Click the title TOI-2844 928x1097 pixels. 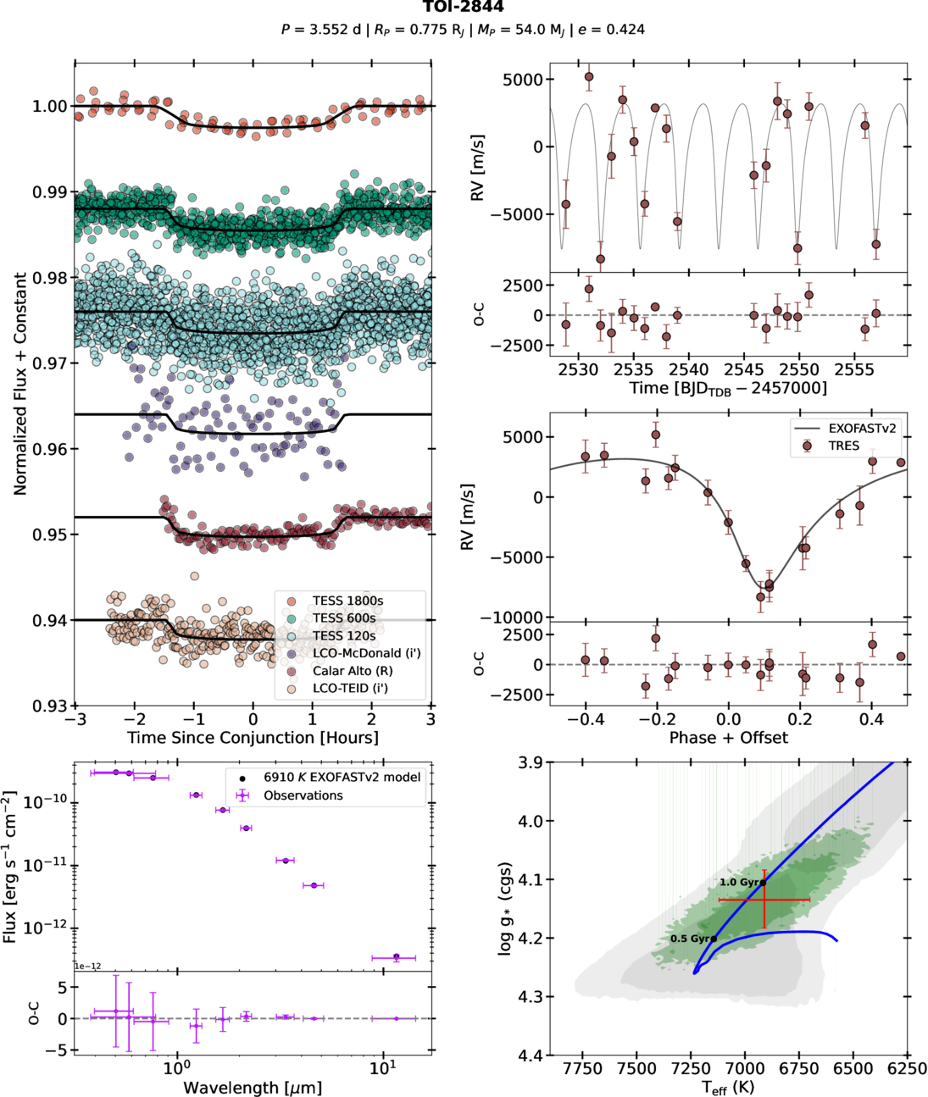tap(463, 8)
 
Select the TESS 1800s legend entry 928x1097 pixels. tap(347, 601)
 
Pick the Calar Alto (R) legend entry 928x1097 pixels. tap(352, 670)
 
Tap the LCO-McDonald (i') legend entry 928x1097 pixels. tap(366, 653)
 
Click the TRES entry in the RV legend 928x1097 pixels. tap(843, 446)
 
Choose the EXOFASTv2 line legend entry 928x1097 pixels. tap(862, 429)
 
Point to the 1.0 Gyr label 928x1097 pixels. tap(740, 883)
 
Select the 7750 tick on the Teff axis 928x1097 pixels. tap(583, 1069)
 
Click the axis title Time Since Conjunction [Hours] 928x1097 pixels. tap(253, 738)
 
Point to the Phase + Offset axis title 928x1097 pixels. tap(728, 738)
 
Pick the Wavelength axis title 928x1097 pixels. tap(253, 1088)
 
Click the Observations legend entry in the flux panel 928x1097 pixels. tap(303, 795)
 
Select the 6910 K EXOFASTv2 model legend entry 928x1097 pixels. tap(342, 777)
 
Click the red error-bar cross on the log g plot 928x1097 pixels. tap(764, 900)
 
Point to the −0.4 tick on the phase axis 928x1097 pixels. tap(585, 719)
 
